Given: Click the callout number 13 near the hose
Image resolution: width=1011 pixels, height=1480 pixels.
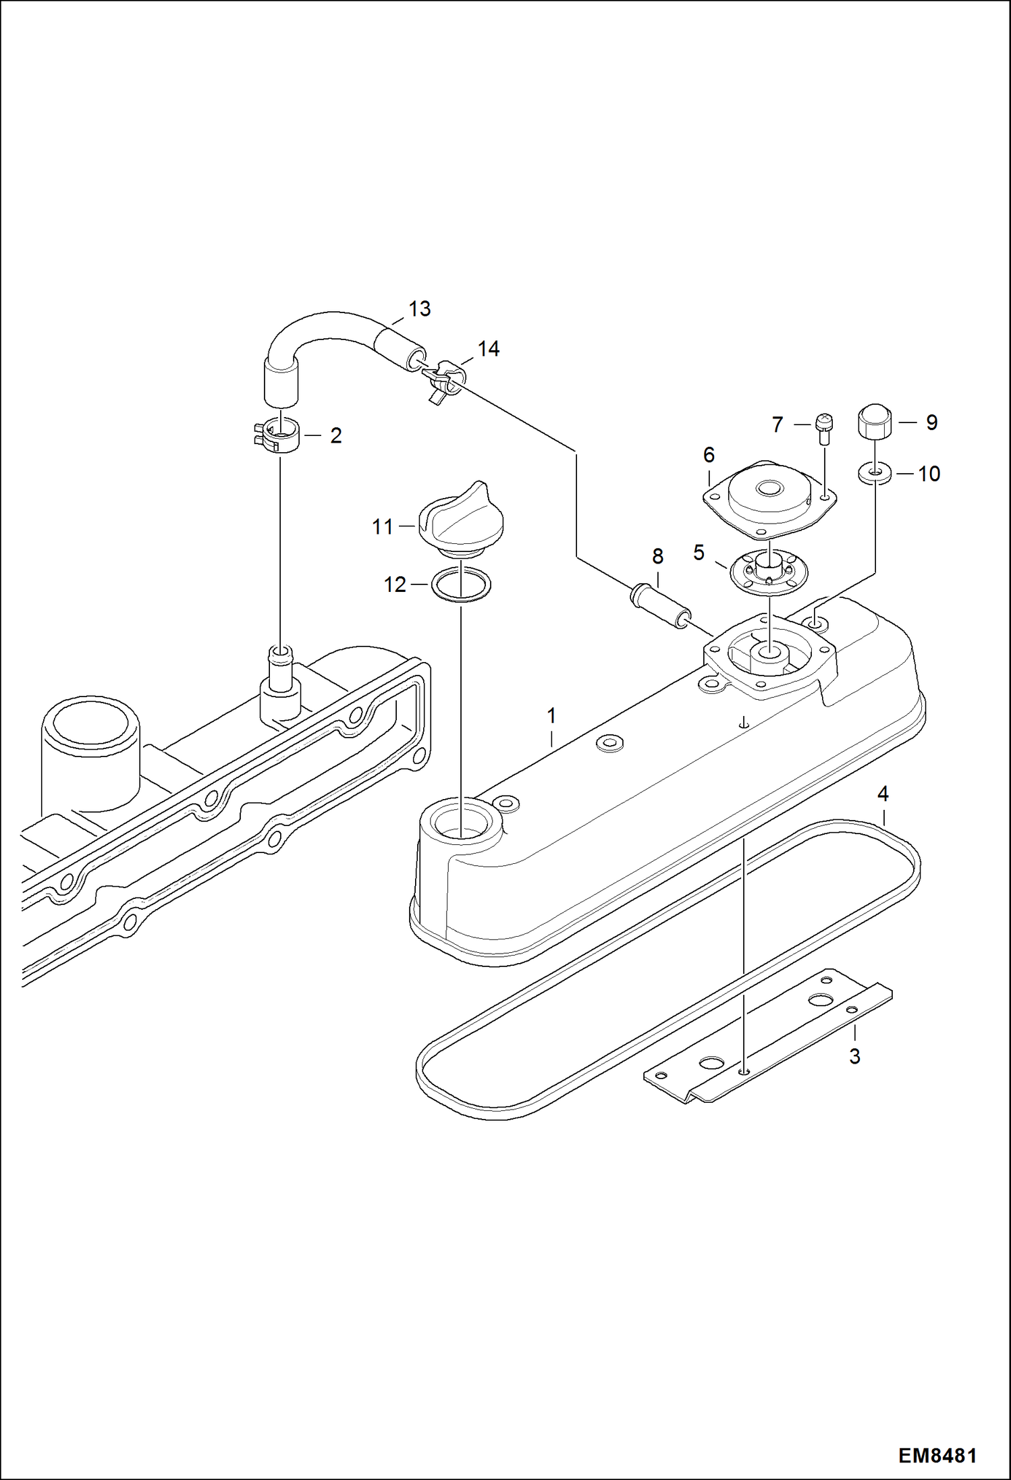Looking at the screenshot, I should (419, 309).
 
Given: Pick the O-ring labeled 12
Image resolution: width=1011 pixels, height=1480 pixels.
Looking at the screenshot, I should (461, 584).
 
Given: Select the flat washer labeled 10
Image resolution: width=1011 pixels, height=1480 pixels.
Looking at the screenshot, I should (875, 474).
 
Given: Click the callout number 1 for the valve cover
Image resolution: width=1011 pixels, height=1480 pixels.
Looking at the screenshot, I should (551, 715).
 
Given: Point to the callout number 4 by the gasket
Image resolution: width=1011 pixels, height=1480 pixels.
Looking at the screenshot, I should (883, 794).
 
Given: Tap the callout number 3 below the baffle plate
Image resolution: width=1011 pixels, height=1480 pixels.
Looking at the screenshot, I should (854, 1056).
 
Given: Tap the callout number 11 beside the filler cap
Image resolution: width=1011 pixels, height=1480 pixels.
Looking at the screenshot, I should (383, 526).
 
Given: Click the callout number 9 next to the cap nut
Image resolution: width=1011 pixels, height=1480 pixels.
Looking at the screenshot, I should (931, 422).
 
